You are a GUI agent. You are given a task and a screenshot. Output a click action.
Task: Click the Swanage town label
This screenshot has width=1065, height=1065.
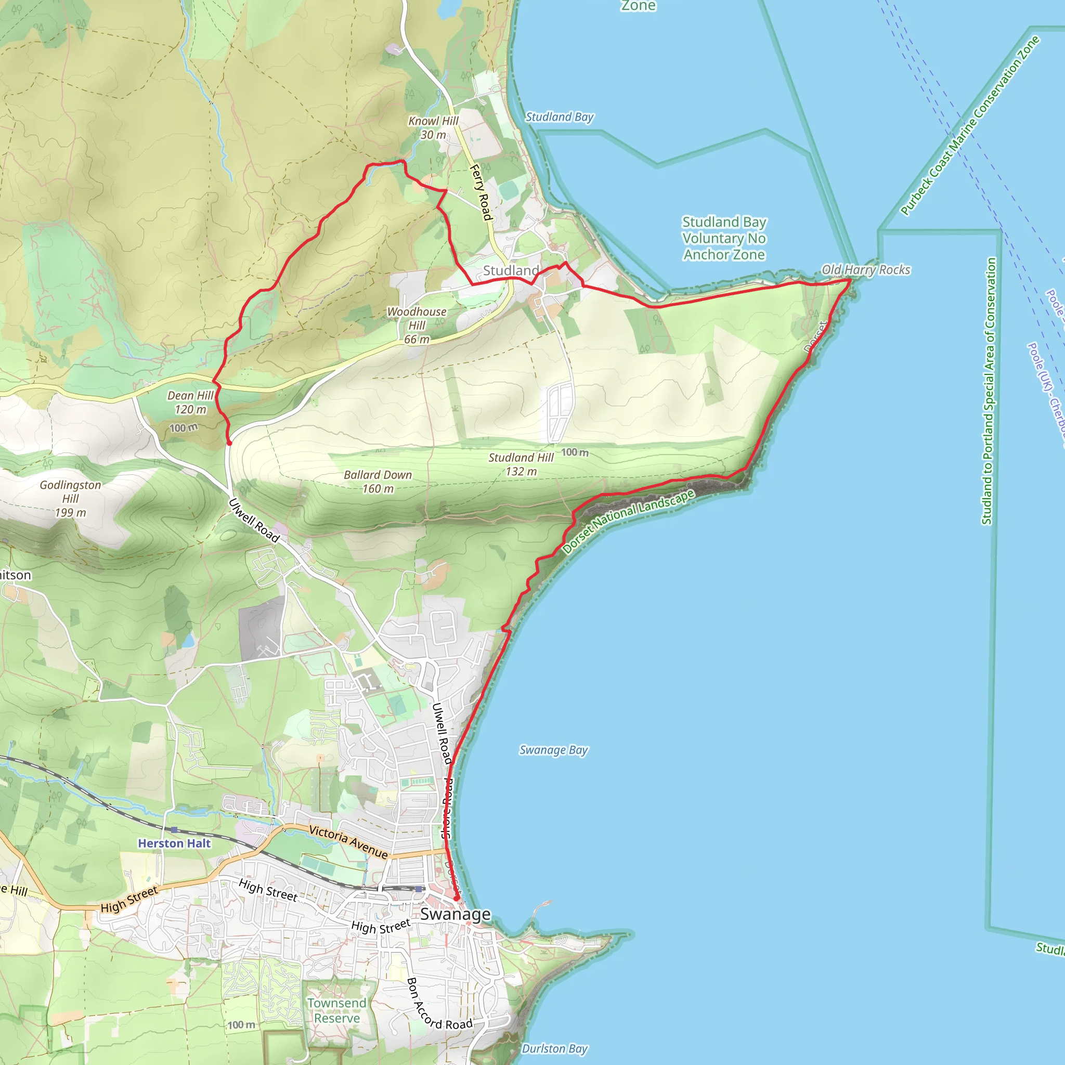(x=455, y=914)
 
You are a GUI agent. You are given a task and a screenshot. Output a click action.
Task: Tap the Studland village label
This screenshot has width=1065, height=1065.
(x=511, y=270)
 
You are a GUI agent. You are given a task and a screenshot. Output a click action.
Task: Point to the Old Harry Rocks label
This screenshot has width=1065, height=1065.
(x=865, y=269)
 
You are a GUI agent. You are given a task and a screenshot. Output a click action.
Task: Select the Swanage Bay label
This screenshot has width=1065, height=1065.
(x=553, y=750)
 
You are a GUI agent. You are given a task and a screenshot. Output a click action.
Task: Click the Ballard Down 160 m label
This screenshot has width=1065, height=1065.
(x=378, y=481)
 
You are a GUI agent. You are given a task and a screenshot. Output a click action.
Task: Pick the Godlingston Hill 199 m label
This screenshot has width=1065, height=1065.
(x=71, y=498)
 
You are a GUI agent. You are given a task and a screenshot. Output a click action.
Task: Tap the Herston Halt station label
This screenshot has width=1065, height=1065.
(x=174, y=843)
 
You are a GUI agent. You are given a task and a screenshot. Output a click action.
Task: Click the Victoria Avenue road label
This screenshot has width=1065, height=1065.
(x=348, y=841)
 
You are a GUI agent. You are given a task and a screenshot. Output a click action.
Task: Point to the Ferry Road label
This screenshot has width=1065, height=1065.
(x=480, y=192)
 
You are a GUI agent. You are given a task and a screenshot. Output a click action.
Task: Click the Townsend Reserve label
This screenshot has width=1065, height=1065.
(x=336, y=1010)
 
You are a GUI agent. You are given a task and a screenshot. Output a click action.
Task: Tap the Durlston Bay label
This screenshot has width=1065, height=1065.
(x=554, y=1048)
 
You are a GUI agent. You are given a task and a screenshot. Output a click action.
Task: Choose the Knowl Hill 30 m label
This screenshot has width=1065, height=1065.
(x=433, y=127)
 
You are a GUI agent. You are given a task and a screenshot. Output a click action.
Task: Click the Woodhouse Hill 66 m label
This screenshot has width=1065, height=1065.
(x=417, y=325)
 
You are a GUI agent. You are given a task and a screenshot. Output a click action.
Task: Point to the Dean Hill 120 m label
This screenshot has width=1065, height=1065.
(x=190, y=402)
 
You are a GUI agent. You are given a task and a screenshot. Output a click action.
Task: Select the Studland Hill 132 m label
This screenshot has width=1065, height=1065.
(x=521, y=464)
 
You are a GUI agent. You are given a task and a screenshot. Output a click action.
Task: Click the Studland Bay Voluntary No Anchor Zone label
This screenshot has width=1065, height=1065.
(x=724, y=238)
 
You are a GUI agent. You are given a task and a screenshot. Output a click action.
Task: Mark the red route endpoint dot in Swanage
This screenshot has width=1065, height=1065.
(x=457, y=899)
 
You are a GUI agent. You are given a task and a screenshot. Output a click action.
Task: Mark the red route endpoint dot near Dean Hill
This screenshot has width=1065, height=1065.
(x=229, y=442)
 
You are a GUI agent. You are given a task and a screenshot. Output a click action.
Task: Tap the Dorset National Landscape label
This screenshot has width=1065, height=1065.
(x=628, y=521)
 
